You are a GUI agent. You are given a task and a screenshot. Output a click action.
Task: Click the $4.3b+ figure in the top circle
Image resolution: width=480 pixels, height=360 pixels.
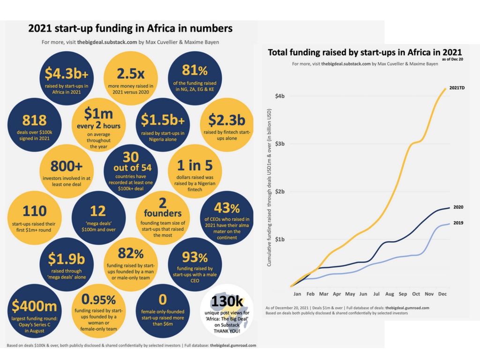pyautogui.click(x=63, y=73)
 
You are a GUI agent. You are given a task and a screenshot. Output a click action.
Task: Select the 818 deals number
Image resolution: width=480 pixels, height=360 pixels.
pyautogui.click(x=34, y=120)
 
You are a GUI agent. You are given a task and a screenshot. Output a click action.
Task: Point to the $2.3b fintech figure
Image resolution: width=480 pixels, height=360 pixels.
pyautogui.click(x=226, y=120)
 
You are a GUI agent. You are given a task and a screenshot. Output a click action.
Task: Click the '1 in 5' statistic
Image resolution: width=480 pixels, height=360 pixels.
pyautogui.click(x=195, y=165)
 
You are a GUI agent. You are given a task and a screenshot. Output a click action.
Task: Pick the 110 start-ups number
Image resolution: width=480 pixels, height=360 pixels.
pyautogui.click(x=34, y=211)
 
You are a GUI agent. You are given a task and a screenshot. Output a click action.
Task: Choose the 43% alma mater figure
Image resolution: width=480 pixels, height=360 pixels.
pyautogui.click(x=226, y=208)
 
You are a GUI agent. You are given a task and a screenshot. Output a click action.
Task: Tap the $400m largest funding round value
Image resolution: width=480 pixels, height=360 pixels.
pyautogui.click(x=34, y=306)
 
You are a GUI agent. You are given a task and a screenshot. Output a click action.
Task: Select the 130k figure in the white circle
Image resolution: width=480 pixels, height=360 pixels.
pyautogui.click(x=226, y=300)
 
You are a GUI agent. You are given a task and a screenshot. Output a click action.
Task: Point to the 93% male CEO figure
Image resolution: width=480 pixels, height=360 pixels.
pyautogui.click(x=195, y=258)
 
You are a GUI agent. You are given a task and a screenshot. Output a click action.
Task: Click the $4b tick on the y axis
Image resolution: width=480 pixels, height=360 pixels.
pyautogui.click(x=280, y=96)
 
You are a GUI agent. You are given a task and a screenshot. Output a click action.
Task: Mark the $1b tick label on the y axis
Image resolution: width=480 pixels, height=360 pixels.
pyautogui.click(x=280, y=240)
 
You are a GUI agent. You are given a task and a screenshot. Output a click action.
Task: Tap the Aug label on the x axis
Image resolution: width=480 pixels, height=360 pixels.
pyautogui.click(x=389, y=294)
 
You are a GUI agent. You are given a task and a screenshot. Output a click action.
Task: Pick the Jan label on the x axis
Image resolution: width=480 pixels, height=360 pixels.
pyautogui.click(x=297, y=294)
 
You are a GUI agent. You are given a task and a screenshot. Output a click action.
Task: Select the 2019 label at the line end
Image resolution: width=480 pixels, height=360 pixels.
pyautogui.click(x=458, y=223)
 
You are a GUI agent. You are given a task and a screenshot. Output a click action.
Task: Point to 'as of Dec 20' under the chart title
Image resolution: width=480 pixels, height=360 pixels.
pyautogui.click(x=452, y=60)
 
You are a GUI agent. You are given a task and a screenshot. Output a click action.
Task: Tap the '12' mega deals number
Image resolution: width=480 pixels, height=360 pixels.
pyautogui.click(x=98, y=211)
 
